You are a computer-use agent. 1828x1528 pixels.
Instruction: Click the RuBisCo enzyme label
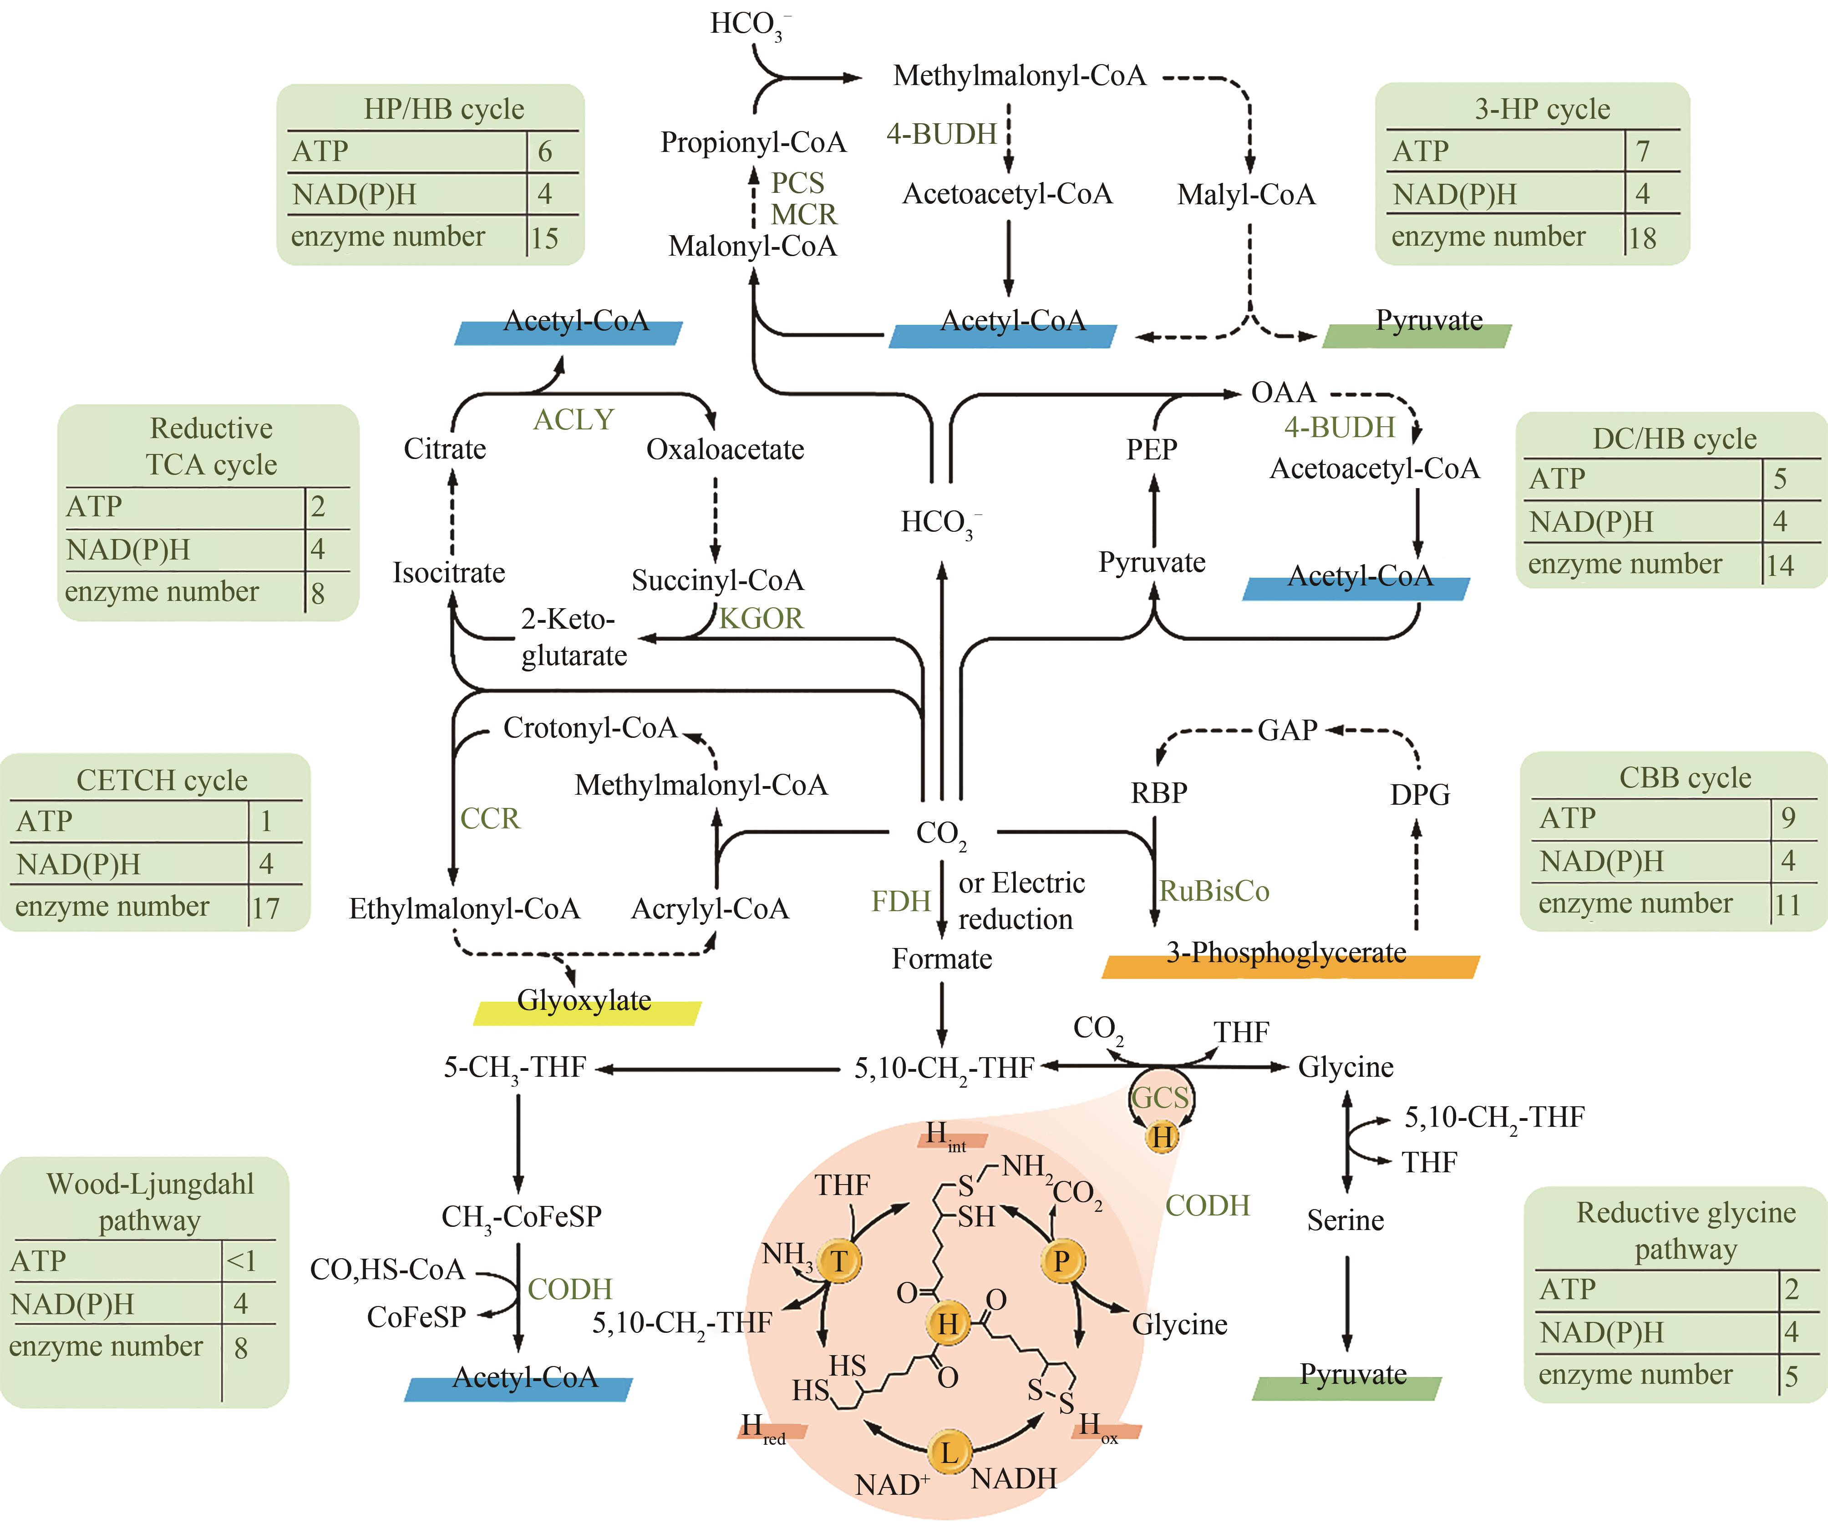click(1214, 891)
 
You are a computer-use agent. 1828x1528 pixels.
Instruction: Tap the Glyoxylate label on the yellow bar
click(584, 1001)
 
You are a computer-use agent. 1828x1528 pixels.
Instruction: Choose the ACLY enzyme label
click(574, 419)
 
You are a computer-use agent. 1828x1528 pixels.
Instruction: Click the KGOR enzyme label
click(762, 618)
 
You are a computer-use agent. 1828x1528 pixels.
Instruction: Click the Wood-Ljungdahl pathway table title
click(150, 1202)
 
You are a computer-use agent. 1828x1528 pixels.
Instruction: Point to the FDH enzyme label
click(901, 901)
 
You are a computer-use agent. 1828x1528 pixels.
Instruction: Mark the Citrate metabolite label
click(445, 449)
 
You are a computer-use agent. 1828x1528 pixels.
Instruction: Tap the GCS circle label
click(1160, 1097)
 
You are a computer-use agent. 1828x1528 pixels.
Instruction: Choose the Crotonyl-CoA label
click(590, 727)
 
